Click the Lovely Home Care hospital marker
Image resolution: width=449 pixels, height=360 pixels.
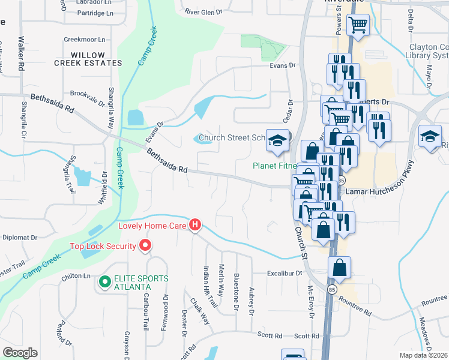[x=194, y=226]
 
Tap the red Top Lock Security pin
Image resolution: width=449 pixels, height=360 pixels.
[x=145, y=245]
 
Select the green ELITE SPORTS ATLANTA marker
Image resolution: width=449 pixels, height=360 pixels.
[x=104, y=280]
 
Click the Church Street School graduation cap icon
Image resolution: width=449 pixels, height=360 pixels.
[x=277, y=140]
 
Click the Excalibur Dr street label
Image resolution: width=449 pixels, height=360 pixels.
[x=285, y=273]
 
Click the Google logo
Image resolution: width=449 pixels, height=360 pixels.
[x=20, y=353]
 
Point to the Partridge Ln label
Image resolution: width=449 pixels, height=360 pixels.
[x=88, y=13]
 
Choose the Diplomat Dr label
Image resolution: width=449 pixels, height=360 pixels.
[x=20, y=237]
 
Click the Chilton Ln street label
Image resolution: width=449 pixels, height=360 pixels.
[x=75, y=276]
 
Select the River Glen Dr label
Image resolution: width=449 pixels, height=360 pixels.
[x=203, y=11]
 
